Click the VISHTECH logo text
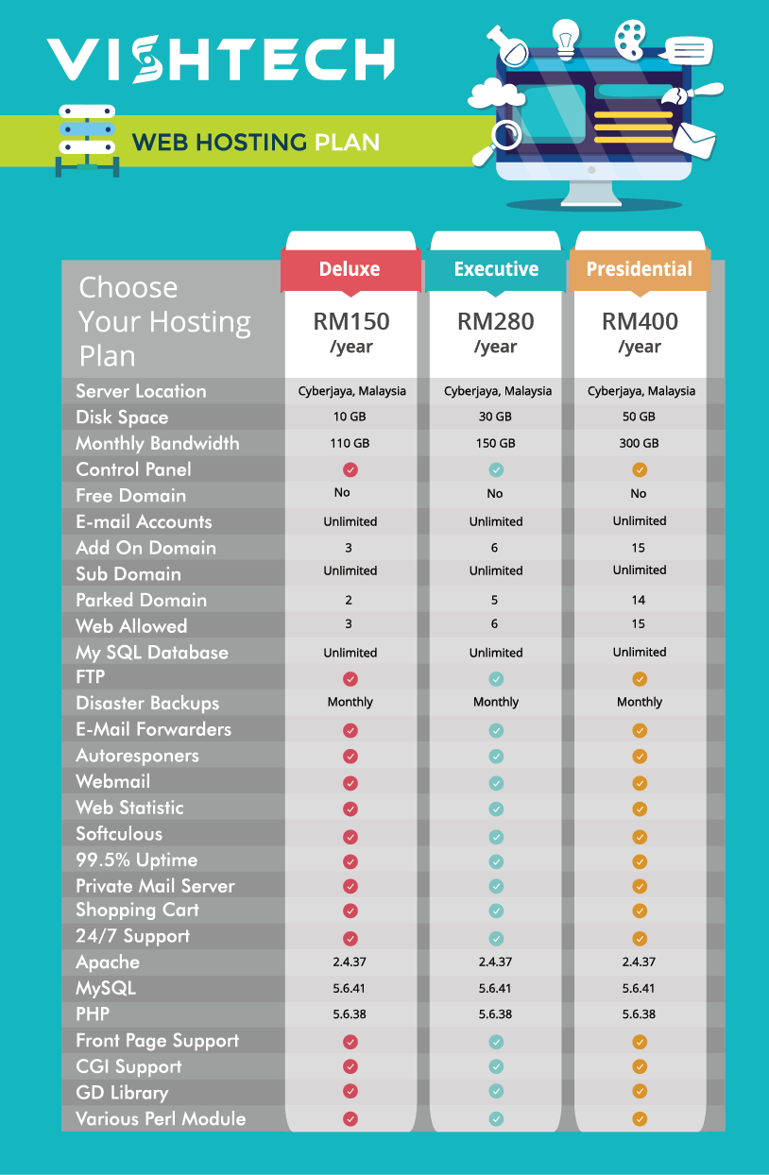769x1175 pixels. [220, 60]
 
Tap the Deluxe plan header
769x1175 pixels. [350, 269]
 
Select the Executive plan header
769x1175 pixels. [496, 269]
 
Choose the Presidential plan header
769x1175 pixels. [639, 269]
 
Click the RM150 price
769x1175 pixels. [350, 322]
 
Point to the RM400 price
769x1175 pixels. [640, 322]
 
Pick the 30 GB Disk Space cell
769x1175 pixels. [496, 417]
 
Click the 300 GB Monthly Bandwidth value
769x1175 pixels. [639, 443]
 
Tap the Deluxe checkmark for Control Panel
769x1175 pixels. [350, 469]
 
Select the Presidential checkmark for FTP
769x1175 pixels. [640, 678]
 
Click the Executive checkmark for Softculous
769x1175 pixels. [496, 835]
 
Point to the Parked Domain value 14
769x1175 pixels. [639, 600]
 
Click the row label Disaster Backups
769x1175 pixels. [147, 704]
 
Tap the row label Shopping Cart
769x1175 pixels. [137, 911]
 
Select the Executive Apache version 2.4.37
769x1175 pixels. [496, 962]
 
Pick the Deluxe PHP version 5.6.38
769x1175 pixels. [350, 1014]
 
